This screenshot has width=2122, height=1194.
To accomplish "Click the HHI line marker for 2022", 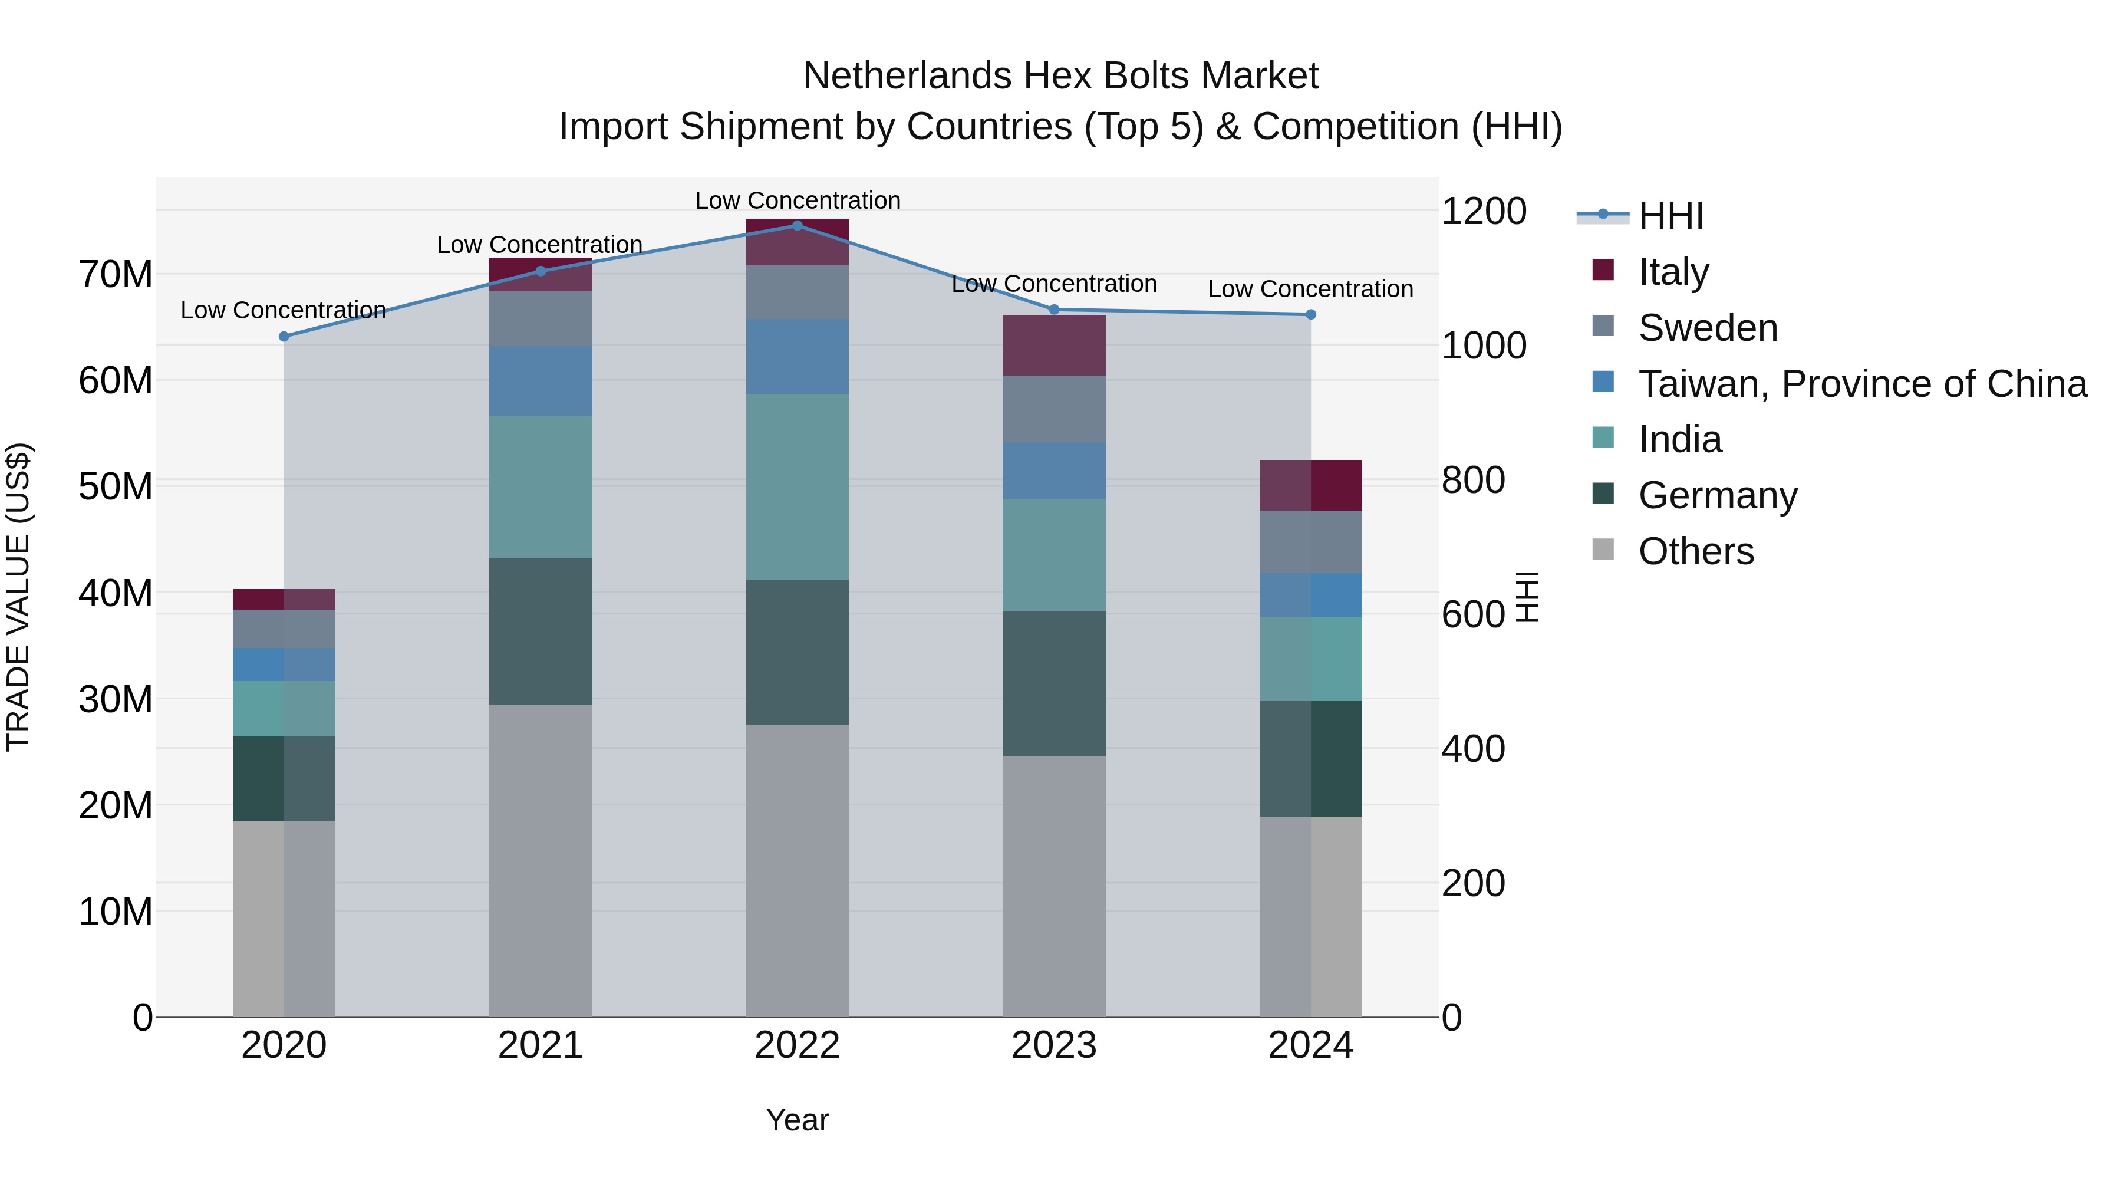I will tap(796, 225).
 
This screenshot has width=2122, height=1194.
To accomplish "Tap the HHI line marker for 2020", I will tap(284, 336).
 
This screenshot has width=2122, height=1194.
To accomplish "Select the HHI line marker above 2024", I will tap(1310, 314).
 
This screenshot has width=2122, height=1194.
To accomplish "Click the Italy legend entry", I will tap(1672, 271).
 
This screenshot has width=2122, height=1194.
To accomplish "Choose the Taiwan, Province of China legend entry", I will tap(1861, 383).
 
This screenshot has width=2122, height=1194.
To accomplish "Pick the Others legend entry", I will tap(1695, 551).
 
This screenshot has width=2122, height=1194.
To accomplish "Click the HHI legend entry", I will tap(1670, 216).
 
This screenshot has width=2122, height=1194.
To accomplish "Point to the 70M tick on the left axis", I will tap(116, 274).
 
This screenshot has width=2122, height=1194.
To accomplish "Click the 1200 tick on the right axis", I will tap(1483, 211).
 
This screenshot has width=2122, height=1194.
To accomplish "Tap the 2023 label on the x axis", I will tap(1053, 1045).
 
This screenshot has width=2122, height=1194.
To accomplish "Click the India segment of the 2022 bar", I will tap(796, 486).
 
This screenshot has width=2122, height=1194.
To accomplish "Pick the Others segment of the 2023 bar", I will tap(1053, 886).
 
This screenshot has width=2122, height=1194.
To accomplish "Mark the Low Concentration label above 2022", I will tap(798, 200).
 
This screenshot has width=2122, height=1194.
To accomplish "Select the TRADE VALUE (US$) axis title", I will tap(18, 597).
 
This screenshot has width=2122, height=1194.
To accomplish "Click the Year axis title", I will tap(796, 1120).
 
